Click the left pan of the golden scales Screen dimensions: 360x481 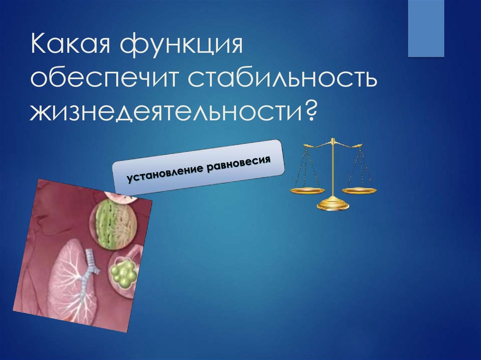point(307,190)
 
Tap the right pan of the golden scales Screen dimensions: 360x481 point(359,190)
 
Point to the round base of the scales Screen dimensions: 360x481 point(333,205)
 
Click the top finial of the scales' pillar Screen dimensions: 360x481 point(333,140)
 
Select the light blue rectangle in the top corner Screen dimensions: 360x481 point(426,28)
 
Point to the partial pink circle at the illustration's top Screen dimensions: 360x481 point(120,196)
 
